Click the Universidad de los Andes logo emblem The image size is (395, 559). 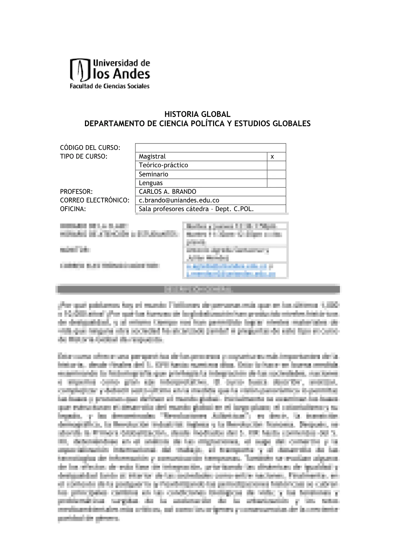click(80, 70)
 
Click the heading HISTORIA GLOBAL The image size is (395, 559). click(197, 114)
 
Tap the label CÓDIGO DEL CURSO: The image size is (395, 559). click(90, 147)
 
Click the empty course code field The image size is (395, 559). click(210, 148)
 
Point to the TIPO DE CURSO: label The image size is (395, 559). click(84, 156)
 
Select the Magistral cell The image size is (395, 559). click(201, 156)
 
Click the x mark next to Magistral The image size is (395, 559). click(273, 156)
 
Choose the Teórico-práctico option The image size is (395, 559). click(163, 165)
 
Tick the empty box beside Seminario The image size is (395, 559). click(276, 174)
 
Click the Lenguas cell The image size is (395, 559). click(151, 183)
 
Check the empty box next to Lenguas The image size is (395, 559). click(276, 183)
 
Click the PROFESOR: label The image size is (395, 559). click(76, 192)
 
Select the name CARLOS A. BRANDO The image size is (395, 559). click(167, 192)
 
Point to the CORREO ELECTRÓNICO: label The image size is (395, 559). click(95, 200)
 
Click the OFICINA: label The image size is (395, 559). click(73, 209)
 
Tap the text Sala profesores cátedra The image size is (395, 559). click(175, 209)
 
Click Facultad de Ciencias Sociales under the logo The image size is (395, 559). click(110, 86)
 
